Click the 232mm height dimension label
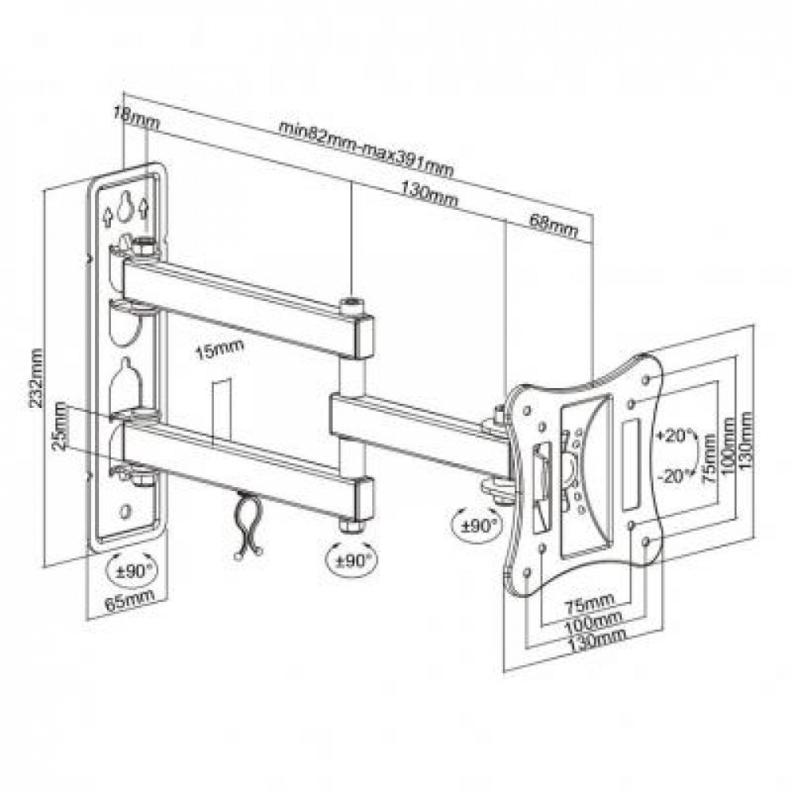coord(37,378)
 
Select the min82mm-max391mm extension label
coord(366,149)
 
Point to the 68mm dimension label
coord(553,225)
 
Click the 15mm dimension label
coord(219,349)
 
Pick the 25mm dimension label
coord(60,426)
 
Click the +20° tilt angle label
coord(675,436)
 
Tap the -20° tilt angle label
coord(675,476)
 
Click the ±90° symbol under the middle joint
coord(352,560)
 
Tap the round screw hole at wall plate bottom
coord(124,511)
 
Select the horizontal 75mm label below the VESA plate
coord(589,601)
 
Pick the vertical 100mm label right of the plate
coord(729,446)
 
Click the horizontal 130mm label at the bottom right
coord(596,641)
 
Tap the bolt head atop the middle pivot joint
coord(352,306)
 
